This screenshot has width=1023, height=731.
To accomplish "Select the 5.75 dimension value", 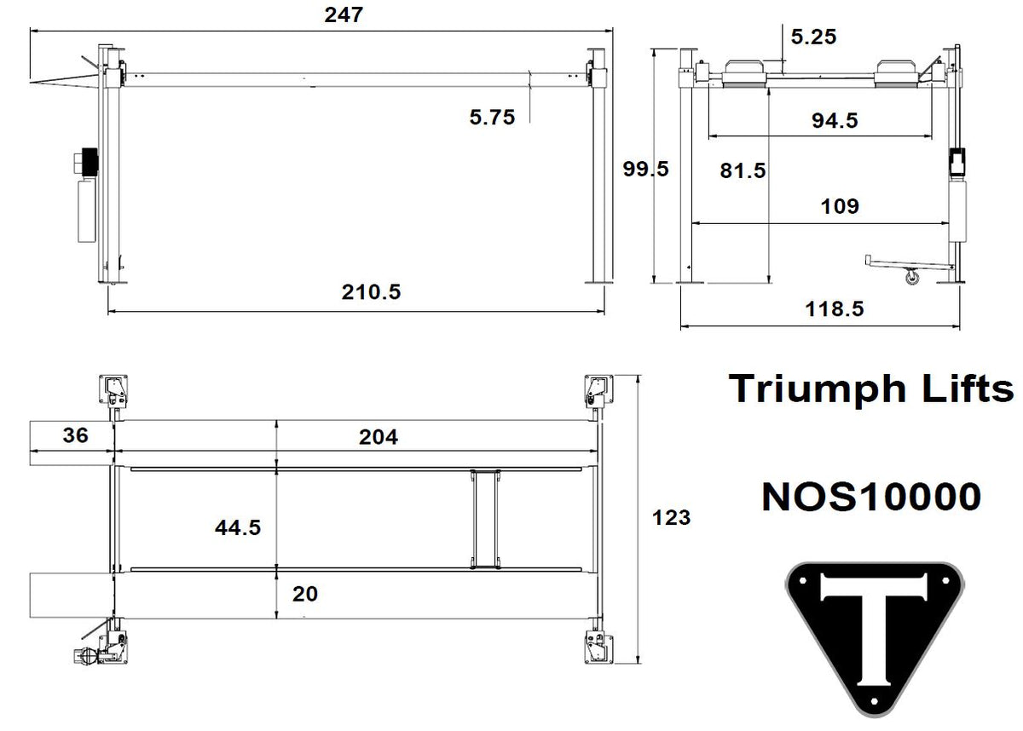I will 492,118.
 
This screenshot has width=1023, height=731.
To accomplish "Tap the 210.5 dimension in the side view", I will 371,292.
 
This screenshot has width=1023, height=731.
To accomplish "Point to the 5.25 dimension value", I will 813,36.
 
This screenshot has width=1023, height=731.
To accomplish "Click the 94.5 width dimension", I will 834,120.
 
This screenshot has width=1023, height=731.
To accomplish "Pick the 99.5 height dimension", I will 645,169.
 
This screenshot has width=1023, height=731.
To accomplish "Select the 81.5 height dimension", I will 743,170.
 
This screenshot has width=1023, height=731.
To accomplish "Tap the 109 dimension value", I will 839,205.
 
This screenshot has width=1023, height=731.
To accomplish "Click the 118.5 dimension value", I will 834,308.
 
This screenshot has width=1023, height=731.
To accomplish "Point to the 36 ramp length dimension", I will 76,435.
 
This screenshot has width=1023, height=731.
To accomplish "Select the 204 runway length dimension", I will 378,437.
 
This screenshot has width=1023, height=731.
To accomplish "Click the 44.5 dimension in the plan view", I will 237,527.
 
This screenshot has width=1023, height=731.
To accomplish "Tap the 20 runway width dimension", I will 304,593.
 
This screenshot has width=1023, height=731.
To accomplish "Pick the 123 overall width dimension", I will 671,516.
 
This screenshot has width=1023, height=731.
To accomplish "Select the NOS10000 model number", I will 870,497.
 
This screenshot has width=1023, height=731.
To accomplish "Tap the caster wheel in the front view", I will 912,277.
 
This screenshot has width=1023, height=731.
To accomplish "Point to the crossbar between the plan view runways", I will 483,516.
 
